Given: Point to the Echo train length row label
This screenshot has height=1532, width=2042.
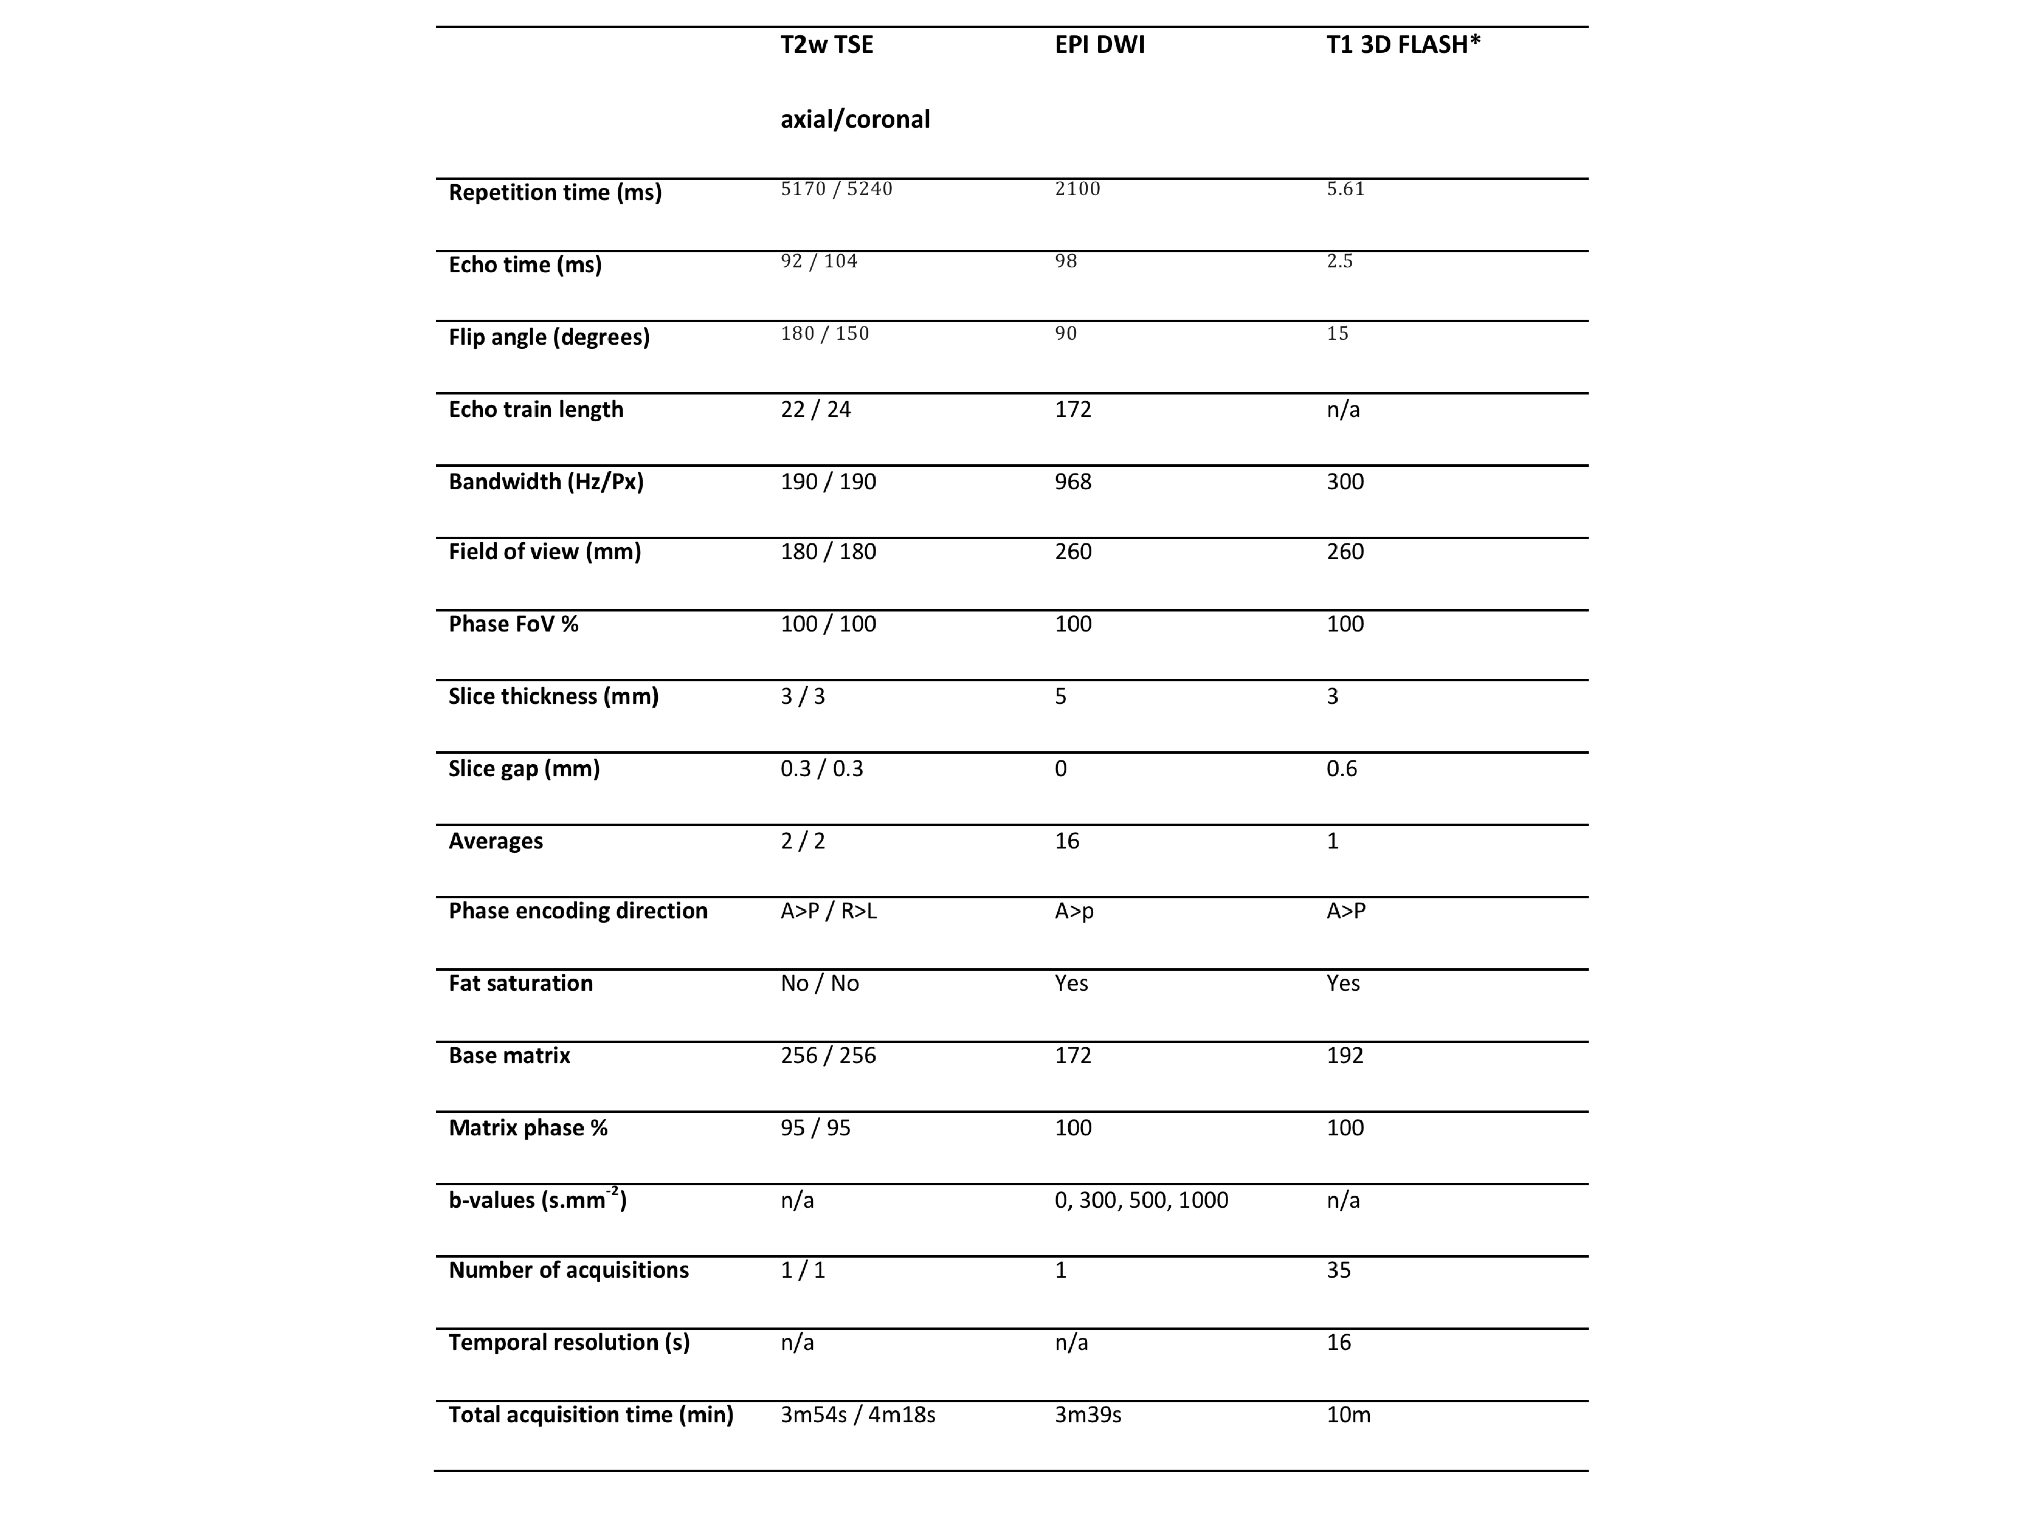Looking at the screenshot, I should [x=536, y=409].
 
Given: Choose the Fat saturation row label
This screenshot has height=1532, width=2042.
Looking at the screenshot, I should [x=521, y=983].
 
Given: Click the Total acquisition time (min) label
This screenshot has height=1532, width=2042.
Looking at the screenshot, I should [x=591, y=1414].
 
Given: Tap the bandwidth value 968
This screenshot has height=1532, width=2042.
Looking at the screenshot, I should [x=1073, y=481].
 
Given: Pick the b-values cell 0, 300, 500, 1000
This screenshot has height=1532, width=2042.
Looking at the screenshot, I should [x=1141, y=1200].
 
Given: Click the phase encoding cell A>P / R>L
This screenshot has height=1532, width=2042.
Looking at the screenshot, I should [x=828, y=911].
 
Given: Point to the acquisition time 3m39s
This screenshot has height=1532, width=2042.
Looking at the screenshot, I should [x=1087, y=1414].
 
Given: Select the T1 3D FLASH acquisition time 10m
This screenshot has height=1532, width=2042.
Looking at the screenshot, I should [x=1348, y=1414].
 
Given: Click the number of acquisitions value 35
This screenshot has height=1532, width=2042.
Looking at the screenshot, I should [x=1339, y=1270].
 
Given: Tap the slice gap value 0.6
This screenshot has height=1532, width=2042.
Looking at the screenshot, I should [x=1341, y=769].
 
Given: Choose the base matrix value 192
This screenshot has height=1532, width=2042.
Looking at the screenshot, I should [x=1344, y=1055].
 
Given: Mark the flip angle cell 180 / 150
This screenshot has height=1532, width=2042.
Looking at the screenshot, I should [x=824, y=333].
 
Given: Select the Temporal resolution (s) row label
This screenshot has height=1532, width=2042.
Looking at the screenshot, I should [x=569, y=1342].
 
